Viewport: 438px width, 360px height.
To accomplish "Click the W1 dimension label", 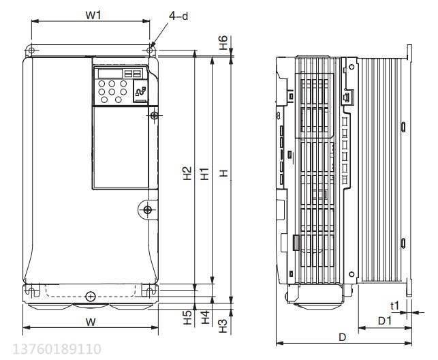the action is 93,15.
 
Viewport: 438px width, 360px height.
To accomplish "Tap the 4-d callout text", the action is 178,16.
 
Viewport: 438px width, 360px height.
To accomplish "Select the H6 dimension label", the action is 223,43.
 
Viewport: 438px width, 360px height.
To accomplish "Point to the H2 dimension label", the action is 187,173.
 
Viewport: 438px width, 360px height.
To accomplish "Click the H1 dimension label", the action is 205,174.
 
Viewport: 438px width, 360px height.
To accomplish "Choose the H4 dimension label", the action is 205,317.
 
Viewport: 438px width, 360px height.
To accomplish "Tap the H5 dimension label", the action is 188,318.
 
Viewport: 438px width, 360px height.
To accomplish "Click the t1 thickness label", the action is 394,306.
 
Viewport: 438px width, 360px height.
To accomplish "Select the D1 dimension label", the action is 385,320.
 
